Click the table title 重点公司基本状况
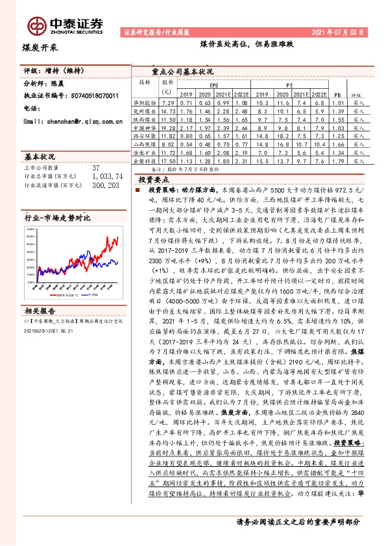coord(182,71)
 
